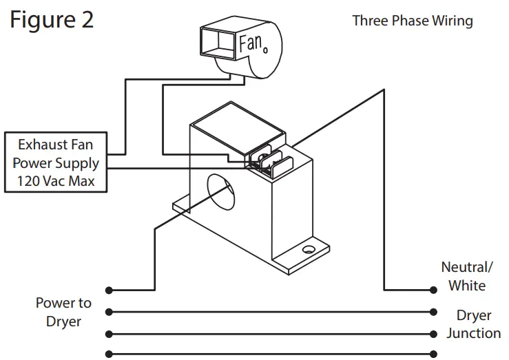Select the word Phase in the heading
click(410, 21)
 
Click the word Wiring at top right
click(452, 21)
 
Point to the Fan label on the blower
click(251, 43)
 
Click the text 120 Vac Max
click(56, 182)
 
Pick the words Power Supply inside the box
click(56, 164)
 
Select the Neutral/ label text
click(466, 267)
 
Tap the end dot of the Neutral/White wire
click(433, 290)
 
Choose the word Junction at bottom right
click(473, 333)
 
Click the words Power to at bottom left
click(63, 304)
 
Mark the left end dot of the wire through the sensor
click(109, 290)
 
